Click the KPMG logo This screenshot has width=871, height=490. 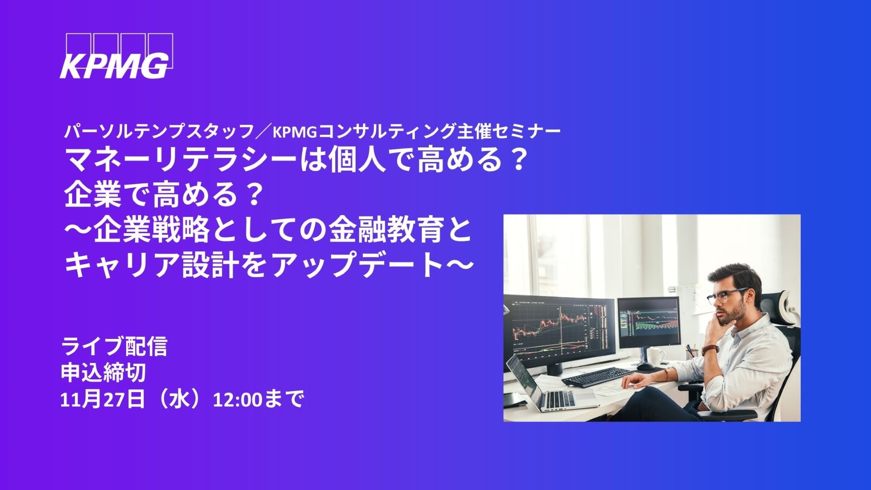point(117,56)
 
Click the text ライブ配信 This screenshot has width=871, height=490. point(114,346)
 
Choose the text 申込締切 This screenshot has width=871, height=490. point(103,373)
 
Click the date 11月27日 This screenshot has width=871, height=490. point(103,400)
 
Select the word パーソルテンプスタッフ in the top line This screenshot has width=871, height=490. point(159,132)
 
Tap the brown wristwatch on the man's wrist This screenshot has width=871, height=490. point(710,350)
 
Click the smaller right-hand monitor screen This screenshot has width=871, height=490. point(648,322)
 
